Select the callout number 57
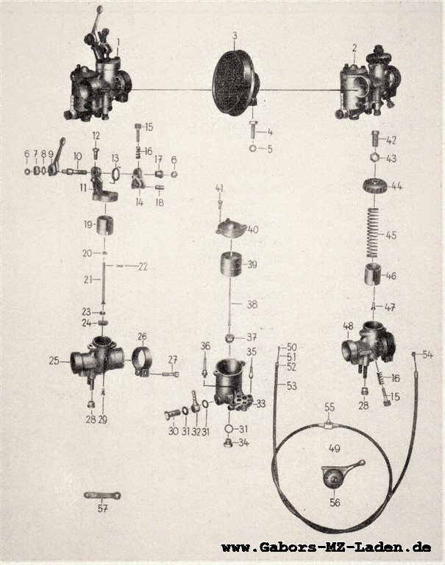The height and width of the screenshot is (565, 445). tap(103, 508)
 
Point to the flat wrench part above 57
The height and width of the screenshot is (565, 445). tap(102, 495)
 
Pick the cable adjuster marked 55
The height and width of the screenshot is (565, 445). tap(328, 425)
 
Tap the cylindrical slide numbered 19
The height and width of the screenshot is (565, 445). tap(105, 224)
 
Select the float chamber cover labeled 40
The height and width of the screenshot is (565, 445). tap(231, 228)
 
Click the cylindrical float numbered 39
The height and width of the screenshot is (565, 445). tap(231, 264)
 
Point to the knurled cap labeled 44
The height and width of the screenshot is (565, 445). tap(375, 186)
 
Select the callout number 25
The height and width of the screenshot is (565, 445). tap(54, 360)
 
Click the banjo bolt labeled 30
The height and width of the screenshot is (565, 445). tap(173, 416)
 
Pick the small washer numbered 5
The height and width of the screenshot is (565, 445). tap(252, 148)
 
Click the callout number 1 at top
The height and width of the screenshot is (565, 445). tap(118, 43)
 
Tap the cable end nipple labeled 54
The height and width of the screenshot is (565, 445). tap(414, 355)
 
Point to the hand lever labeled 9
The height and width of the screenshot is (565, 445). tap(56, 157)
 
